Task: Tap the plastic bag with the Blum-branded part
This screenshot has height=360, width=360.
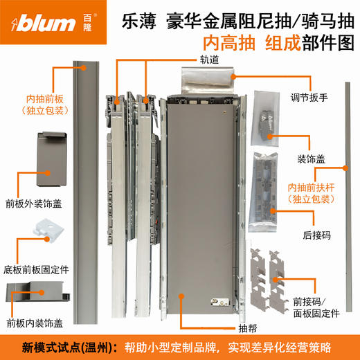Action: (267, 118)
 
